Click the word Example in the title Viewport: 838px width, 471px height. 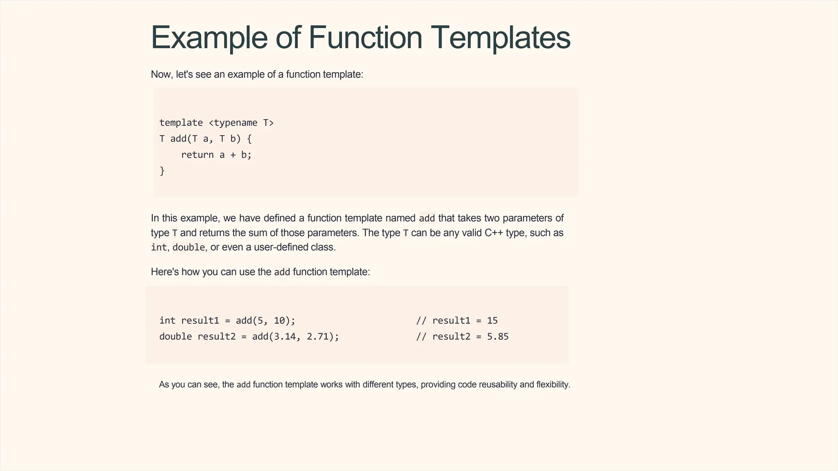(x=209, y=38)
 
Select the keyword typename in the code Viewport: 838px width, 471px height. (x=235, y=123)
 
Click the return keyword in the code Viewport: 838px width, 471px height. (x=197, y=155)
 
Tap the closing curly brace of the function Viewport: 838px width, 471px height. (x=162, y=170)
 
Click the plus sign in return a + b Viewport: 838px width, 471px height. (x=233, y=155)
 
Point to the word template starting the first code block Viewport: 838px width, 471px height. (x=181, y=123)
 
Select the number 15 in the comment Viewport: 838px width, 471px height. (x=492, y=321)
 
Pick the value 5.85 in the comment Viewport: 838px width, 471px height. (x=498, y=336)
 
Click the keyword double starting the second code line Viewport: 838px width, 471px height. (x=176, y=336)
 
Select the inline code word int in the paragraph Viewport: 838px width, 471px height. (x=159, y=247)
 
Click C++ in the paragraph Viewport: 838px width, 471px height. (x=494, y=233)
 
